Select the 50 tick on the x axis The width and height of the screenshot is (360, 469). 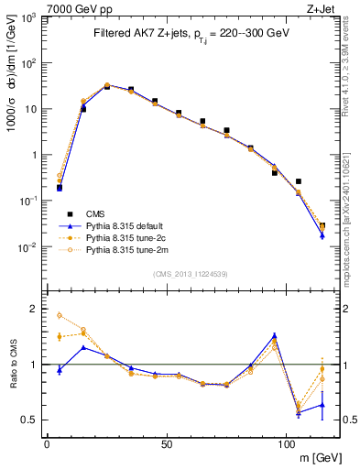(x=167, y=444)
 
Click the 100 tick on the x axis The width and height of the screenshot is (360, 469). (x=287, y=444)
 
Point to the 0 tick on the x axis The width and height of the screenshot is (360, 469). (x=47, y=444)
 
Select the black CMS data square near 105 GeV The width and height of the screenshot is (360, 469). (x=299, y=182)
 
